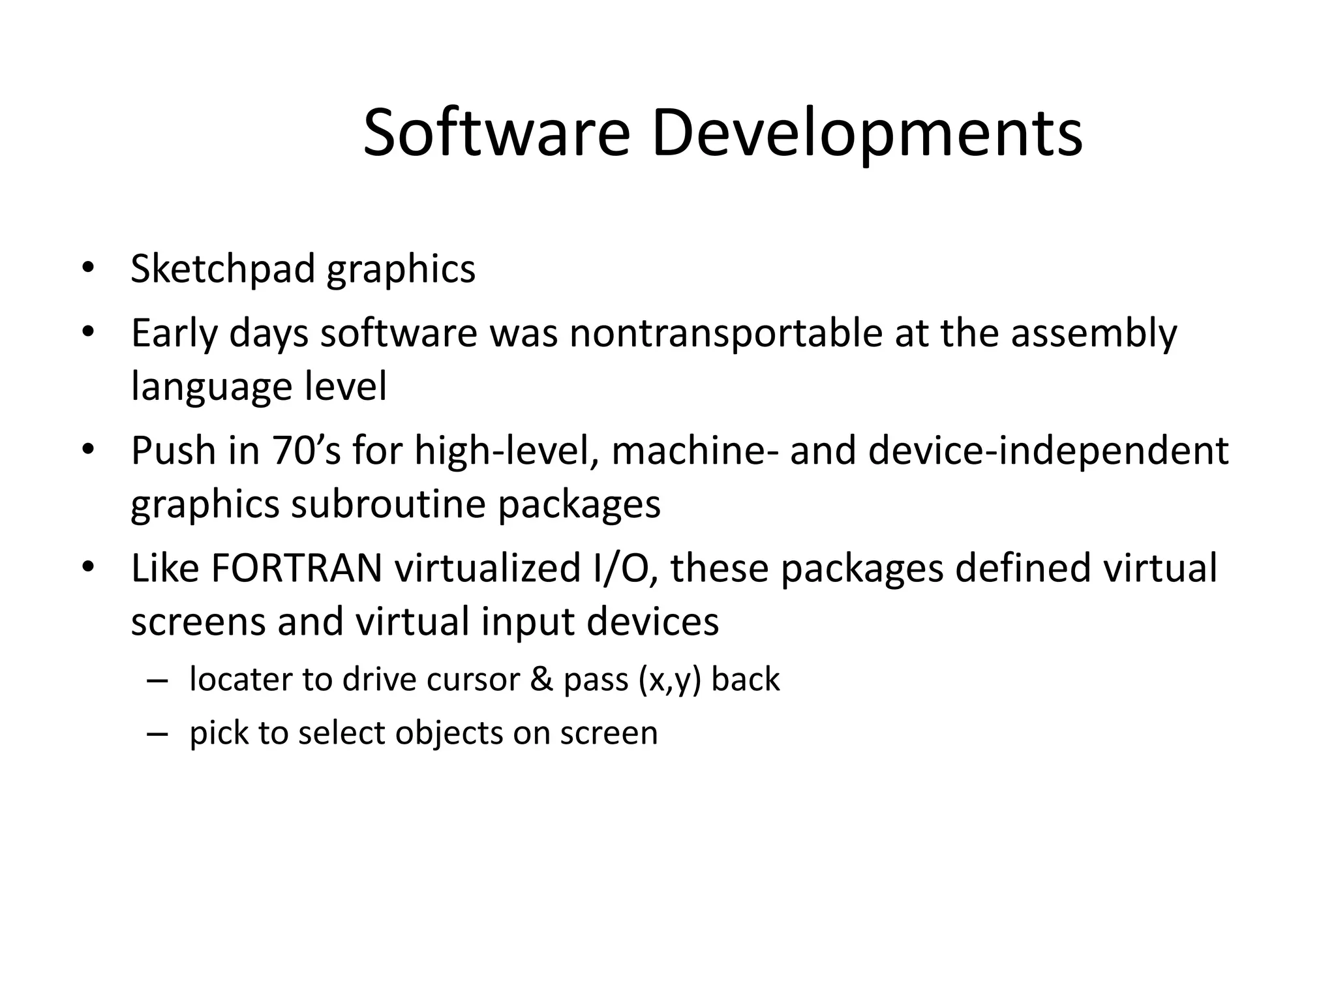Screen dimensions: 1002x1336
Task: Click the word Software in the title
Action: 496,134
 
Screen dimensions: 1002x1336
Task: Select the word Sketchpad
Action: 222,268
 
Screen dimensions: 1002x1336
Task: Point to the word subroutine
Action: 389,504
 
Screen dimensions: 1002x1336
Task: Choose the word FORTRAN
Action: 297,568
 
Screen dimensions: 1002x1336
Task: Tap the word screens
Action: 198,621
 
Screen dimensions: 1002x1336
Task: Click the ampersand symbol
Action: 541,679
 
